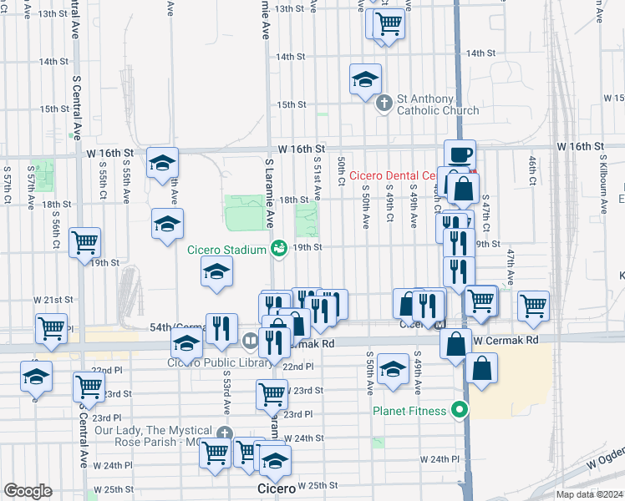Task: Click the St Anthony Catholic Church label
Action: click(x=438, y=104)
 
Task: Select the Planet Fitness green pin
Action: click(x=457, y=410)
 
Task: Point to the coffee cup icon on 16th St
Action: click(x=460, y=154)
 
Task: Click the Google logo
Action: click(x=28, y=491)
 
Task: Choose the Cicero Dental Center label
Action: click(x=394, y=175)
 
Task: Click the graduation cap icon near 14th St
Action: click(x=365, y=79)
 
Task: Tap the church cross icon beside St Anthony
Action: click(x=384, y=104)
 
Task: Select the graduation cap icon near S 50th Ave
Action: click(x=393, y=368)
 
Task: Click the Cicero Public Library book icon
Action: click(x=251, y=341)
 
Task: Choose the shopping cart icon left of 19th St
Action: click(x=85, y=242)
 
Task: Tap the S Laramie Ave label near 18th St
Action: click(x=269, y=194)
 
